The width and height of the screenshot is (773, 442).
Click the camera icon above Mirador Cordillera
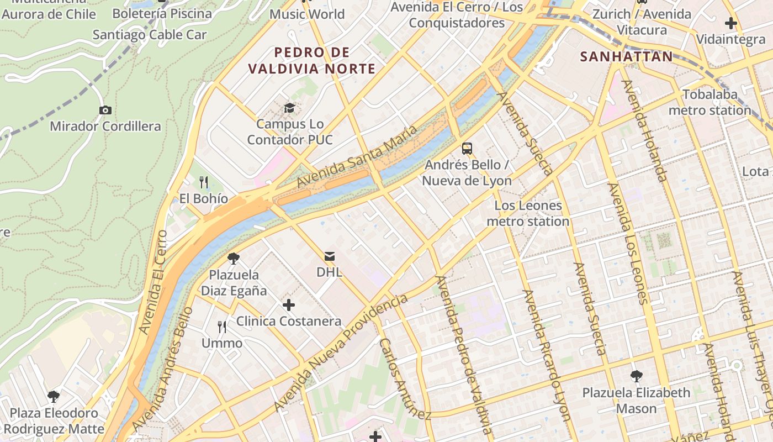[105, 110]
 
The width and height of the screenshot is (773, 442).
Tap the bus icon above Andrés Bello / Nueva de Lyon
[467, 148]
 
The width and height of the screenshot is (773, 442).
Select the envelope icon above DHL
[330, 256]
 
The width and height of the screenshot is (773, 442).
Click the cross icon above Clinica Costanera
[288, 305]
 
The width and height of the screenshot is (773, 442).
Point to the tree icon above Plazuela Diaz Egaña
[234, 258]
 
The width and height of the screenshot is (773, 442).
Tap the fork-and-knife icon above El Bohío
[204, 182]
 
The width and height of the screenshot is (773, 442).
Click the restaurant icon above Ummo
[222, 327]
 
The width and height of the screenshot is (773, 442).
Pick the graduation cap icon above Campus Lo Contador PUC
[289, 108]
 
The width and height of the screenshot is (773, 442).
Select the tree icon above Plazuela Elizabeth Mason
[636, 376]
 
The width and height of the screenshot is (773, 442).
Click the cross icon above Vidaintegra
[731, 23]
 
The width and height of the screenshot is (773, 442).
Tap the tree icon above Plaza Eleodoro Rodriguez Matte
[54, 396]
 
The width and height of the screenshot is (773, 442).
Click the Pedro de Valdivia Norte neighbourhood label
[312, 61]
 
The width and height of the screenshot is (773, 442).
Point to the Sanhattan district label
[627, 56]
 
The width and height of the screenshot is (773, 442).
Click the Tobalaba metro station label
[710, 102]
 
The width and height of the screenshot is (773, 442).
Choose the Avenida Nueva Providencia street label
[341, 352]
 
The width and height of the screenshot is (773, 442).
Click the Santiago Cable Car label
[150, 35]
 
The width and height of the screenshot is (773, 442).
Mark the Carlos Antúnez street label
[404, 378]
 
